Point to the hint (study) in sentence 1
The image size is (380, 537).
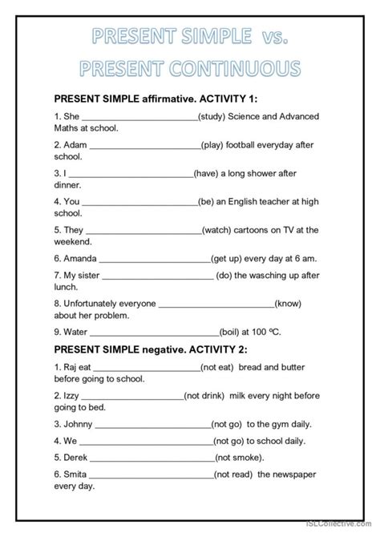point(215,116)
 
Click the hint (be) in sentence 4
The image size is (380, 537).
point(208,201)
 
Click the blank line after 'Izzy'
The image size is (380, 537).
point(132,397)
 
